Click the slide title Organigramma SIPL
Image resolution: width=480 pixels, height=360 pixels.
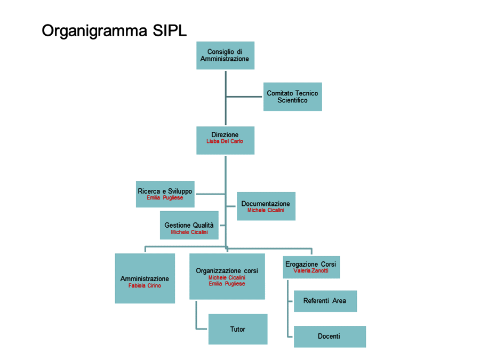114,31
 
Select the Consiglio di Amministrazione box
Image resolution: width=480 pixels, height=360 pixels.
225,55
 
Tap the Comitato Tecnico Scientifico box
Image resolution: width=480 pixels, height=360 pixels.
293,97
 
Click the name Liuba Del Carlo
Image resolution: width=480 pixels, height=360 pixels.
225,141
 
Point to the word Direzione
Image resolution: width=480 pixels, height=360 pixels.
225,135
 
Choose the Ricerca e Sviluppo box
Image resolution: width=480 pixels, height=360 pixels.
165,194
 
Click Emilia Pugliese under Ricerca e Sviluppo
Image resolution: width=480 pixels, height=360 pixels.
165,198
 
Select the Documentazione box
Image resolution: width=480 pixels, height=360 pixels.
266,206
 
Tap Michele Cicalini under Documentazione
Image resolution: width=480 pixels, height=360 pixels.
266,210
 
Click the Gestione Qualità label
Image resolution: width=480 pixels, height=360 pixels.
189,225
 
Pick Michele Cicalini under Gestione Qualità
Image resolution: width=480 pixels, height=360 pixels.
189,233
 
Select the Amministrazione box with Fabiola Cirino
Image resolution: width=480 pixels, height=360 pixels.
145,278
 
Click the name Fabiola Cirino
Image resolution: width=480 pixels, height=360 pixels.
145,286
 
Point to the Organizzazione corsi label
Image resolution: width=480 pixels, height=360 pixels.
227,271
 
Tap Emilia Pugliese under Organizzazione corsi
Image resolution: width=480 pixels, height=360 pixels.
227,284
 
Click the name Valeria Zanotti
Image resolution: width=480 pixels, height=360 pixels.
311,270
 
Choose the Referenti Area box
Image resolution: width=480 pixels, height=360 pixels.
325,301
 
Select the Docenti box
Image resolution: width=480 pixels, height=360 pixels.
330,337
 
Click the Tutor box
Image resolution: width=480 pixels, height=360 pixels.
238,329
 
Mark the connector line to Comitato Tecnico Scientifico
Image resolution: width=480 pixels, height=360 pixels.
244,97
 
